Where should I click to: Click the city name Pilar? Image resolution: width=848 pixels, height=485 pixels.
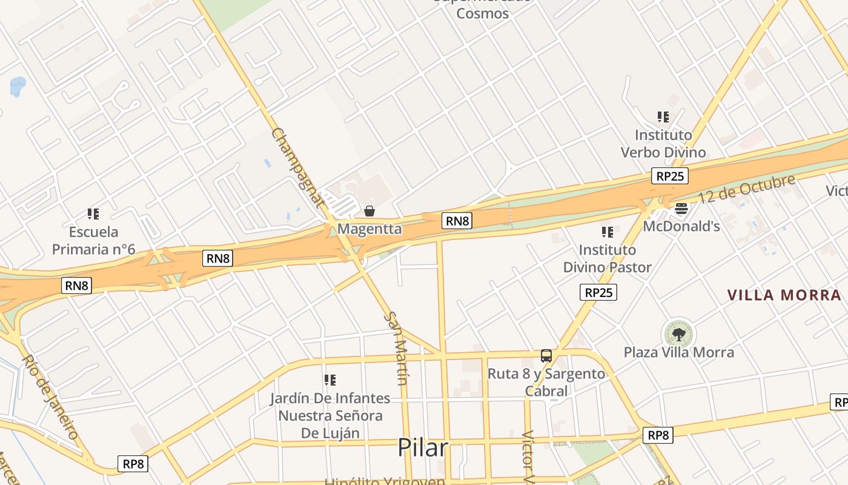point(423,448)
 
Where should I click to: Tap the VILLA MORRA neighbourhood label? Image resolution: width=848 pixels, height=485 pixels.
point(784,295)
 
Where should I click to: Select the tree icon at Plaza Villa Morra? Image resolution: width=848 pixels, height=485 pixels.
point(679,333)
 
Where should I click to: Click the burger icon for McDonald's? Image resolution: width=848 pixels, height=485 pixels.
point(681,209)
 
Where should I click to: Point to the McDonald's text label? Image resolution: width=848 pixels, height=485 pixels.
point(681,226)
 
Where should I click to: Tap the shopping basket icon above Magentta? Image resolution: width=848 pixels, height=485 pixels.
point(369,211)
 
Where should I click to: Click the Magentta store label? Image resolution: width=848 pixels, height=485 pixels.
point(369,229)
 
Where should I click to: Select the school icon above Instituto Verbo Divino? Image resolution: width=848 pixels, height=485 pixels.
point(663,116)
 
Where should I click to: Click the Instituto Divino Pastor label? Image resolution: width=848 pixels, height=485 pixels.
point(607,258)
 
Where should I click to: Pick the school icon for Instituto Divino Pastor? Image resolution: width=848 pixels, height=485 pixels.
point(608,232)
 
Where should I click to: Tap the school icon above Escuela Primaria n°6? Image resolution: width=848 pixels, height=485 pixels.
point(93,213)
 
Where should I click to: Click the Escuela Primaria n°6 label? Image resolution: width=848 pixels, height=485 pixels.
point(93,240)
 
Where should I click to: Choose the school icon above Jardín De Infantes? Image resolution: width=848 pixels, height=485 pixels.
point(330,380)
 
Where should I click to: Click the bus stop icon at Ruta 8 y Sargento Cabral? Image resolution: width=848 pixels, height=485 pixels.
point(546,356)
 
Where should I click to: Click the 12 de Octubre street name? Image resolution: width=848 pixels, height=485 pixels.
point(746,189)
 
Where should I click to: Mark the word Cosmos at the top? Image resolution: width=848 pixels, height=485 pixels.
point(482,13)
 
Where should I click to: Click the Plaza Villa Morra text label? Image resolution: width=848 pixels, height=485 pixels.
point(679,352)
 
